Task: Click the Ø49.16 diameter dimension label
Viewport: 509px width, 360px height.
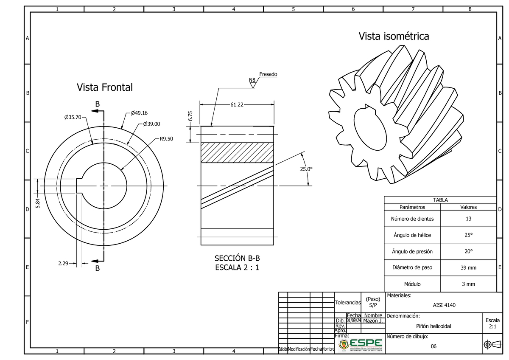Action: [139, 113]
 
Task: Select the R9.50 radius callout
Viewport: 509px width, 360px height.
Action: [166, 138]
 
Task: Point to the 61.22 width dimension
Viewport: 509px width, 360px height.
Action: [237, 104]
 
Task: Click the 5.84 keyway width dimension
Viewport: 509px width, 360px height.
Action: [38, 203]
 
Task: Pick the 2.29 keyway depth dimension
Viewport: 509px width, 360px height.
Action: [63, 264]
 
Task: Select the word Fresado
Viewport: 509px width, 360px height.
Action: [268, 74]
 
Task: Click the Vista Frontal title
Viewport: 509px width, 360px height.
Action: [104, 87]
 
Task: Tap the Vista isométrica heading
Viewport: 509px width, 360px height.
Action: [394, 37]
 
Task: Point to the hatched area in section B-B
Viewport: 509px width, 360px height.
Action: [237, 153]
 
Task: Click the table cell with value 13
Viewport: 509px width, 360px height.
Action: [468, 219]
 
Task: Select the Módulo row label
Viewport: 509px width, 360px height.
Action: [412, 284]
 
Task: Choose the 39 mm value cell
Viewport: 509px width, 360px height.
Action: [468, 268]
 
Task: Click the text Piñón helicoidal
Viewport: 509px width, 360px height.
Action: [433, 326]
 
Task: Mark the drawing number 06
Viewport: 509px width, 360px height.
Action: [433, 346]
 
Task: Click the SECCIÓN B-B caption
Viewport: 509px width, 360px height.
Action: [237, 259]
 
